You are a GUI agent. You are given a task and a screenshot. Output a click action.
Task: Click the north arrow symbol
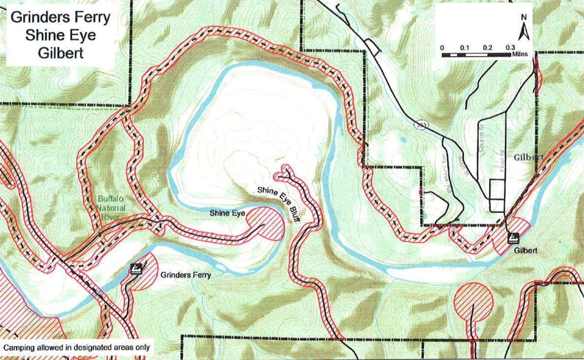(x=524, y=31)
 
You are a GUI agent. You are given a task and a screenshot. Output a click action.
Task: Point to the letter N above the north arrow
(x=524, y=17)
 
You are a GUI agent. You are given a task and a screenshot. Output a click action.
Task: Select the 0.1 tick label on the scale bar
(x=464, y=48)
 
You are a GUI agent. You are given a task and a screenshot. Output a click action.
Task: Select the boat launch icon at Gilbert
(x=512, y=238)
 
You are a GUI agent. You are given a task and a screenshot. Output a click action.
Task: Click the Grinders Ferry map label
(x=185, y=275)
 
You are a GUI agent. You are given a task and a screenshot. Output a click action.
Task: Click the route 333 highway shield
(x=419, y=125)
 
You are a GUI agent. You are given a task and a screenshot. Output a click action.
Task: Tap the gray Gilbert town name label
(x=528, y=158)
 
